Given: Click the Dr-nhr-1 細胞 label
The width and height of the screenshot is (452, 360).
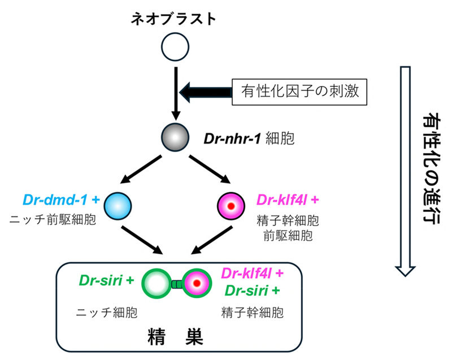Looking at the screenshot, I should click(x=249, y=138).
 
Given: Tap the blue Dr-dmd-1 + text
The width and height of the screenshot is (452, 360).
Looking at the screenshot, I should click(x=61, y=199).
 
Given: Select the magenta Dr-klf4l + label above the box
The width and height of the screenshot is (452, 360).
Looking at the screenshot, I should click(x=288, y=199).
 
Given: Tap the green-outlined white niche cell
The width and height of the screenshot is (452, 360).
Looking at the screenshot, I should click(x=157, y=283).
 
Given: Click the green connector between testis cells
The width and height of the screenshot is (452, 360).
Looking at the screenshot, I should click(x=177, y=283).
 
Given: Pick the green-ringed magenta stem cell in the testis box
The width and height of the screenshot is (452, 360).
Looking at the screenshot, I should click(x=196, y=283).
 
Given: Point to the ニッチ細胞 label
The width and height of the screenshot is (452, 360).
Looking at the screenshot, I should click(x=107, y=312).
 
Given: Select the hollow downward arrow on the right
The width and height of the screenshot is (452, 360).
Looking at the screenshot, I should click(x=403, y=170).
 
